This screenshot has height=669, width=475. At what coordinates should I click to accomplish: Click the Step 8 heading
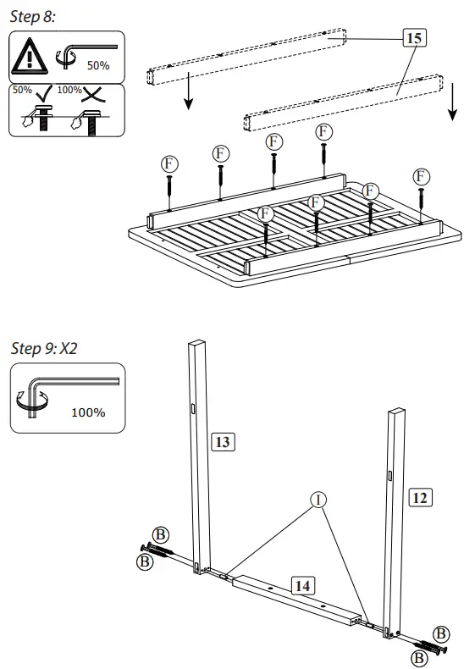tap(32, 18)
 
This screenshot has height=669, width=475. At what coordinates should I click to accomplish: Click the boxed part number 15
tap(414, 38)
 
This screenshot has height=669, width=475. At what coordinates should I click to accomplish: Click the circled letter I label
tap(319, 499)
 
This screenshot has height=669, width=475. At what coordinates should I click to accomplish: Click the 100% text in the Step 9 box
tap(88, 412)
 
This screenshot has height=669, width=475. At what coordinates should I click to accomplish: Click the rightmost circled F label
tap(421, 176)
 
